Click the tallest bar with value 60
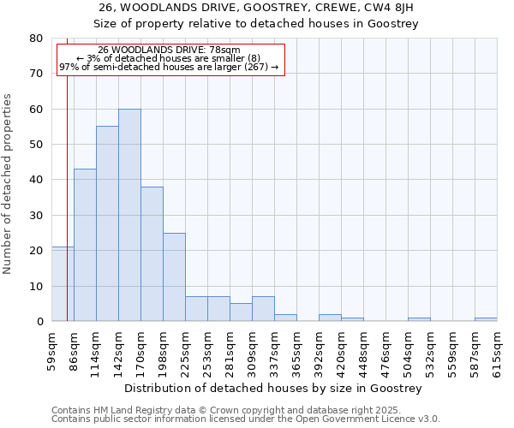click(x=129, y=215)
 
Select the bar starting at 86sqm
click(x=85, y=245)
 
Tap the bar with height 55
click(x=107, y=223)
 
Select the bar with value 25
click(x=174, y=277)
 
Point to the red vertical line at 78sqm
click(x=67, y=171)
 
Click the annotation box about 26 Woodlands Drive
click(x=170, y=59)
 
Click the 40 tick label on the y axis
click(x=36, y=180)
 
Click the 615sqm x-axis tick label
click(x=497, y=353)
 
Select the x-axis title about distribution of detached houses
click(x=273, y=389)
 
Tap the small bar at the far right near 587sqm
click(x=486, y=319)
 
